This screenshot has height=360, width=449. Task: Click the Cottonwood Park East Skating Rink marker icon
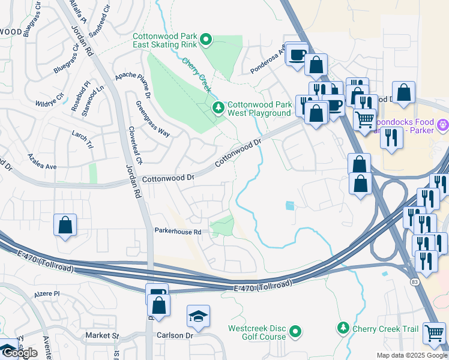click(206, 40)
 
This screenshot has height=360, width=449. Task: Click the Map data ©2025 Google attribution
click(411, 355)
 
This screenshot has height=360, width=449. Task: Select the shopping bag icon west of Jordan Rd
click(65, 226)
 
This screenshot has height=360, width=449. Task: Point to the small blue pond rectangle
click(291, 206)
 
